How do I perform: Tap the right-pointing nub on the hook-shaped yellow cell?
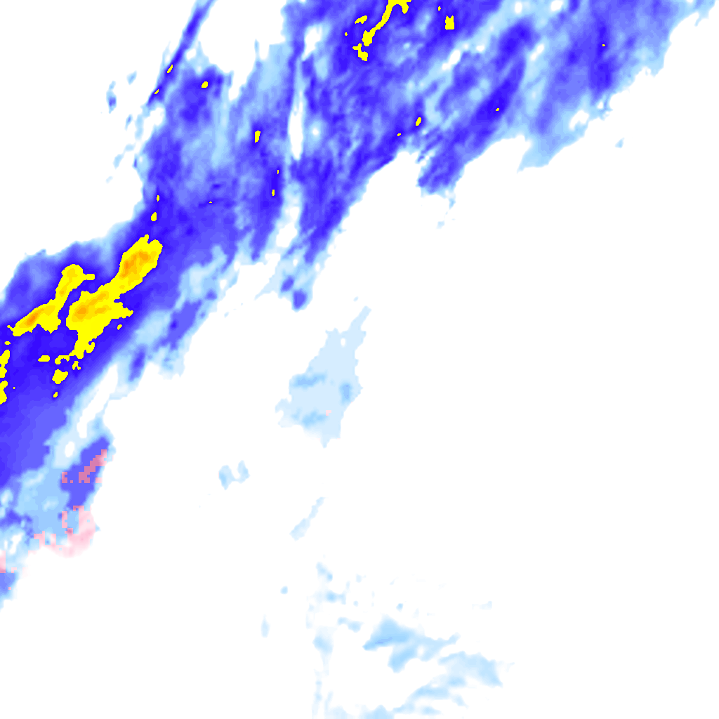tap(88, 276)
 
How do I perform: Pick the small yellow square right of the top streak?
tap(449, 23)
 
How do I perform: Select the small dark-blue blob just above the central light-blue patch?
tap(300, 299)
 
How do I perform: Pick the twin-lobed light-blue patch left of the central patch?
tap(235, 474)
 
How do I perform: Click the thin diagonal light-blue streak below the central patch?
tap(308, 518)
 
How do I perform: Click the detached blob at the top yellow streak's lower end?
tap(362, 53)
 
